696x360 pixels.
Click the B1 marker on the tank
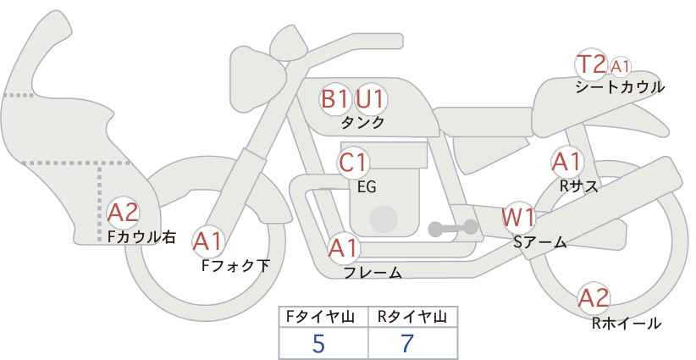(334, 99)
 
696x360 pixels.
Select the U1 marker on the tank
(370, 99)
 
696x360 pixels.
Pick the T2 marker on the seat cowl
(591, 64)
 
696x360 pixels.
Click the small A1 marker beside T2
(620, 65)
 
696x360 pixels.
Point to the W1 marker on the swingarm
(518, 217)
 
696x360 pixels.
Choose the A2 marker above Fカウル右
(123, 212)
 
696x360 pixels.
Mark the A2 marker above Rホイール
(594, 298)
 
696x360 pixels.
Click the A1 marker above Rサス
(566, 161)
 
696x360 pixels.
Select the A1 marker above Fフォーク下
(207, 241)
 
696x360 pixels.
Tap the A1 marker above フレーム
(344, 248)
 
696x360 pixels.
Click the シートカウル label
(619, 86)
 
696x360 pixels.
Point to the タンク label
(362, 122)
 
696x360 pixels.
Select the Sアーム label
(539, 242)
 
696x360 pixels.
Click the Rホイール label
(626, 323)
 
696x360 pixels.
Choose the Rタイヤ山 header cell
(412, 317)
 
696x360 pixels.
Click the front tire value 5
(318, 344)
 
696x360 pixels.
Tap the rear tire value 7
(407, 344)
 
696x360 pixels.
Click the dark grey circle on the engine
(384, 219)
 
